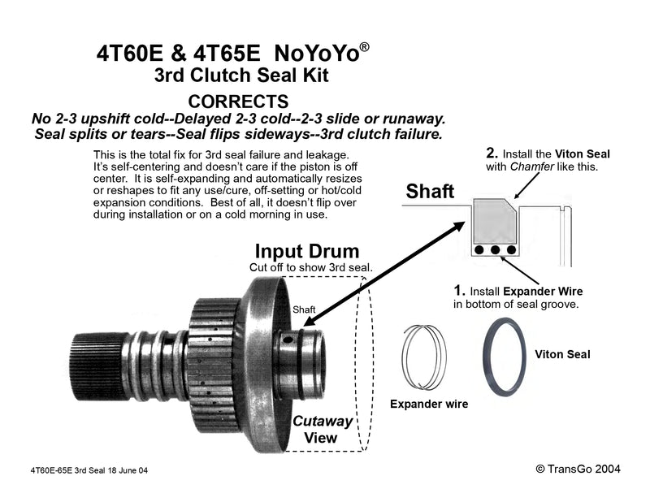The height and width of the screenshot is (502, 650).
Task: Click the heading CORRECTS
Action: click(x=238, y=102)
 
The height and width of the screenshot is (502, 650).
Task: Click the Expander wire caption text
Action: click(x=429, y=404)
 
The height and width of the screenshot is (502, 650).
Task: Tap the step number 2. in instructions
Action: click(x=491, y=152)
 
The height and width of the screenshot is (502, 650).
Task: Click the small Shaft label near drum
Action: click(x=304, y=309)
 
